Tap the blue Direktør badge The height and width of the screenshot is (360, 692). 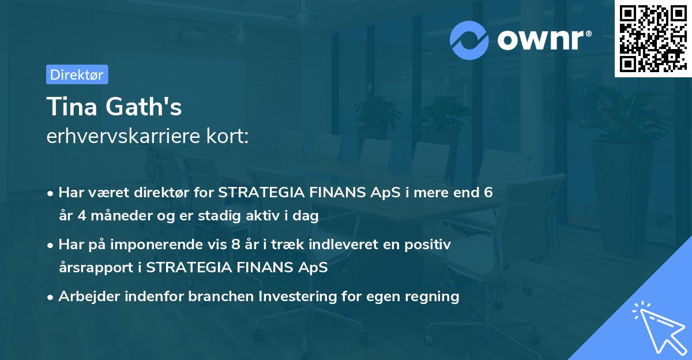[x=77, y=74]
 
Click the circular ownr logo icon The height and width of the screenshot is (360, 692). [x=469, y=40]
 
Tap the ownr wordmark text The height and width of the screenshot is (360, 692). [x=544, y=40]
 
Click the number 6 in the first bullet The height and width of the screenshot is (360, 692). [x=488, y=193]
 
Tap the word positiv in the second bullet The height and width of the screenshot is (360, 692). [x=430, y=245]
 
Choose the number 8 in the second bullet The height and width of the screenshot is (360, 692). [x=235, y=245]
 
